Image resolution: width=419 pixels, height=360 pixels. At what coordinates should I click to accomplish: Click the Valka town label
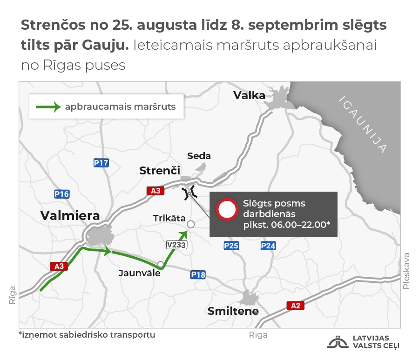[x=249, y=95]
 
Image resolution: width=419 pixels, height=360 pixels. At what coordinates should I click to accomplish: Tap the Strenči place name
[x=160, y=171]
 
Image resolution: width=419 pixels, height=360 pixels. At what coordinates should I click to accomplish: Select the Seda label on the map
[x=199, y=156]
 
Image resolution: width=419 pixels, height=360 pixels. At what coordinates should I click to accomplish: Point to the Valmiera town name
[x=70, y=215]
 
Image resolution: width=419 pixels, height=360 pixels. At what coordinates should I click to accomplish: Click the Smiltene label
[x=233, y=311]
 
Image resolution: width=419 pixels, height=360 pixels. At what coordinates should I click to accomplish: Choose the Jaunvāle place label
[x=139, y=273]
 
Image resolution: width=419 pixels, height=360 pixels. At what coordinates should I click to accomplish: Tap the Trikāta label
[x=169, y=219]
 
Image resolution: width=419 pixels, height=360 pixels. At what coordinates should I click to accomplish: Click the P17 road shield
[x=101, y=163]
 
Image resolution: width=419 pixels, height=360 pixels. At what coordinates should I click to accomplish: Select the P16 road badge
[x=62, y=194]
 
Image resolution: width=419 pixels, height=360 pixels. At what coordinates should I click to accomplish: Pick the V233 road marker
[x=176, y=245]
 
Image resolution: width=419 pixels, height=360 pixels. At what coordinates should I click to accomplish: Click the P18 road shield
[x=198, y=275]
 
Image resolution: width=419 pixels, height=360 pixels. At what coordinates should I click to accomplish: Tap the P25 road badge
[x=231, y=246]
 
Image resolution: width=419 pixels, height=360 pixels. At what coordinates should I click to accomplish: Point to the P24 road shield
[x=268, y=246]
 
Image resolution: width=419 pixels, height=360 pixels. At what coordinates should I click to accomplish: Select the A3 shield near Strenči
[x=155, y=191]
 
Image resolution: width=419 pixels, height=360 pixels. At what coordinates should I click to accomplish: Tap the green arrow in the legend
[x=48, y=107]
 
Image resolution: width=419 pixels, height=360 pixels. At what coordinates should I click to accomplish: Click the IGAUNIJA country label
[x=364, y=124]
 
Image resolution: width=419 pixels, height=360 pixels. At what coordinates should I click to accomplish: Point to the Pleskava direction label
[x=406, y=271]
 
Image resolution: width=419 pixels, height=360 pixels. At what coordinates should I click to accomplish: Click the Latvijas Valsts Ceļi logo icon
[x=338, y=342]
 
